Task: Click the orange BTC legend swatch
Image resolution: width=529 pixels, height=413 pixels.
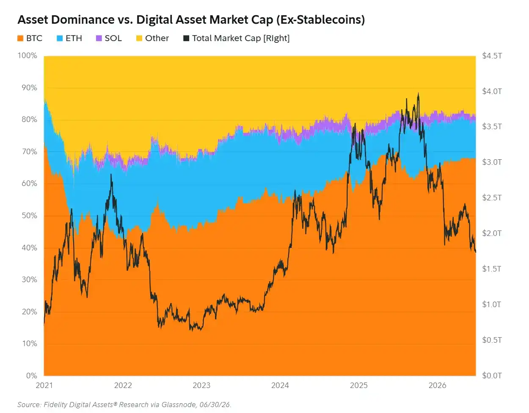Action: [x=20, y=38]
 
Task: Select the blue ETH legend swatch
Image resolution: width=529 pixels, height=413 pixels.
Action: [x=60, y=38]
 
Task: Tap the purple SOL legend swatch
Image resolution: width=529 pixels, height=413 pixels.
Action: [x=99, y=38]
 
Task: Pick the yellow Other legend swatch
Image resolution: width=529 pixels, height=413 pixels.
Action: [x=139, y=38]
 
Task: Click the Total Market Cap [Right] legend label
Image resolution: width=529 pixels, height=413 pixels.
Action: [x=241, y=38]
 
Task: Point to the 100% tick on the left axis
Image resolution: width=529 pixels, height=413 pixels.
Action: [x=27, y=55]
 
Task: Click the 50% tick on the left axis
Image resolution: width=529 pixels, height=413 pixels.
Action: [x=30, y=216]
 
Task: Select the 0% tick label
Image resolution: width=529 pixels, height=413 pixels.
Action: [x=32, y=375]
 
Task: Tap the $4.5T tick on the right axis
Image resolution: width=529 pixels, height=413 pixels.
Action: [x=492, y=56]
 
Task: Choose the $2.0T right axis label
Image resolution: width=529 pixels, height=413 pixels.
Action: [x=492, y=233]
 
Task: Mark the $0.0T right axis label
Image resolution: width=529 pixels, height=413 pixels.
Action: [x=492, y=375]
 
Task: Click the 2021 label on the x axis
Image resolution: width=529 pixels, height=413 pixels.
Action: [x=44, y=385]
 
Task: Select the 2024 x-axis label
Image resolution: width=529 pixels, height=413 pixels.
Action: [x=280, y=385]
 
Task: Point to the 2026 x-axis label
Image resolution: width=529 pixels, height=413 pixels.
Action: [x=437, y=385]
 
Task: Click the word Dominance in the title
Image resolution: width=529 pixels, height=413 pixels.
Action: [x=83, y=19]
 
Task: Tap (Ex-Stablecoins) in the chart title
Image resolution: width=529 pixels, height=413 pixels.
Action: [x=320, y=20]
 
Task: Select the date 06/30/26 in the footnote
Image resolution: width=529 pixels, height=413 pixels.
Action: [x=215, y=405]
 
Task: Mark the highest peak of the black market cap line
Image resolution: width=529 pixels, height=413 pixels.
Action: [x=418, y=93]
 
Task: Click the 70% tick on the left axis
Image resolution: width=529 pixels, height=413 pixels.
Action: [x=30, y=152]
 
